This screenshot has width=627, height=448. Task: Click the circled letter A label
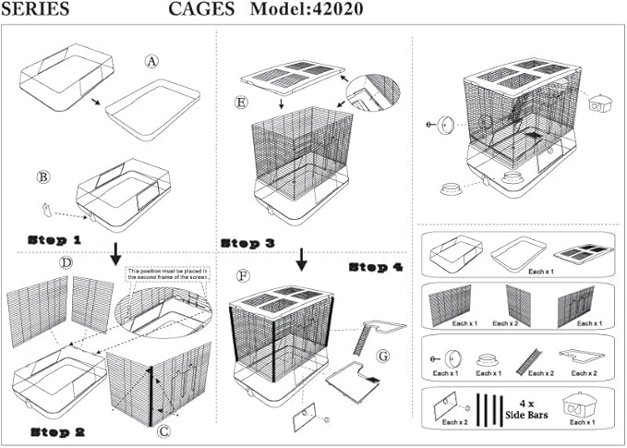coord(152,61)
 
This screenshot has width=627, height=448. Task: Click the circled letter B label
coord(42,176)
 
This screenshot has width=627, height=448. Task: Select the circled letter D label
coord(66,263)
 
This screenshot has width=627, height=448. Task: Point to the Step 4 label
coord(376,266)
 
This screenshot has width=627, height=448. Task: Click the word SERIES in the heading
coord(35,10)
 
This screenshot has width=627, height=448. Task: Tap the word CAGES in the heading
coord(200,10)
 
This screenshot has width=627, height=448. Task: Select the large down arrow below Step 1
coord(115,252)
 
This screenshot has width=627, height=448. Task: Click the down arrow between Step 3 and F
coord(301,259)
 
